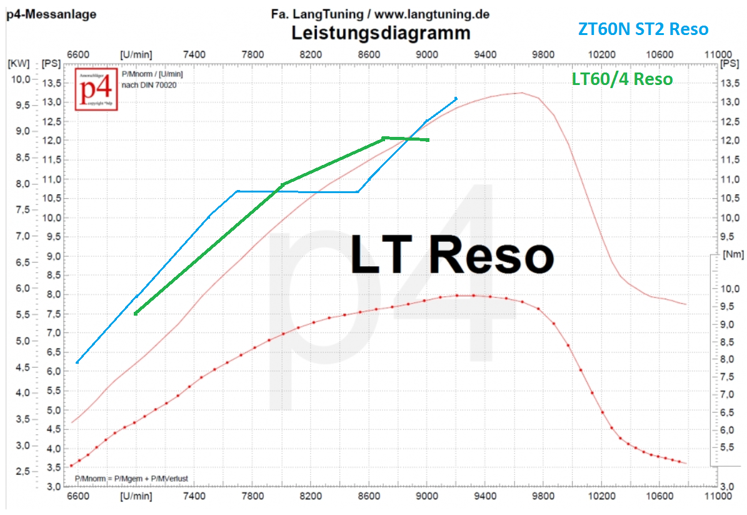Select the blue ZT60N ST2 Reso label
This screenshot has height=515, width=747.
point(643,29)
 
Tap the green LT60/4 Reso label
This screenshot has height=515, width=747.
point(622,79)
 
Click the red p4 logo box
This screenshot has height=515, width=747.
point(93,89)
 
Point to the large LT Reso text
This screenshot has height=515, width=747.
point(452,255)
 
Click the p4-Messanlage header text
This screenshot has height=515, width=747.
point(51,14)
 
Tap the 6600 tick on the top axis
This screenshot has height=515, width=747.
point(78,54)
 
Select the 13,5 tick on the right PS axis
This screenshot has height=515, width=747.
point(730,84)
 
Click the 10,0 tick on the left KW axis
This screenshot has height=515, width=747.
point(23,79)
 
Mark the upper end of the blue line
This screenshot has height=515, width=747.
point(456,98)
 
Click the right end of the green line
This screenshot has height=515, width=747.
point(428,140)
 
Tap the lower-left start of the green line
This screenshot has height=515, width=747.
point(135,313)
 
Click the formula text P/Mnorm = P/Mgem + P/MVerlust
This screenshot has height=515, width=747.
point(131,479)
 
